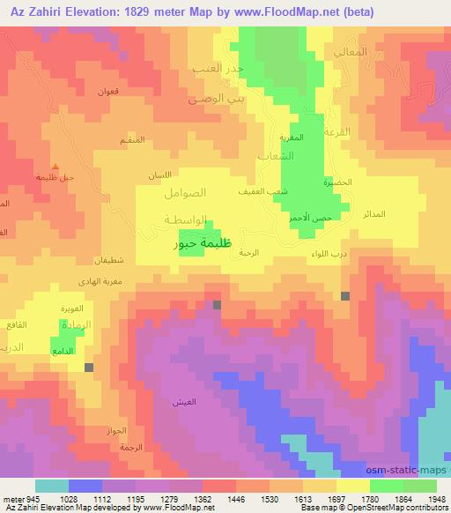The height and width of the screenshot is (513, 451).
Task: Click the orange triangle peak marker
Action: coord(56,167)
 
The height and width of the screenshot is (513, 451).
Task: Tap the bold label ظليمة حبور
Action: coord(207,247)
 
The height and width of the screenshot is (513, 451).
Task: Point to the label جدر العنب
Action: coord(217,67)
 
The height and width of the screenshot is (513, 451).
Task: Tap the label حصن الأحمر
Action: coord(312,217)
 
